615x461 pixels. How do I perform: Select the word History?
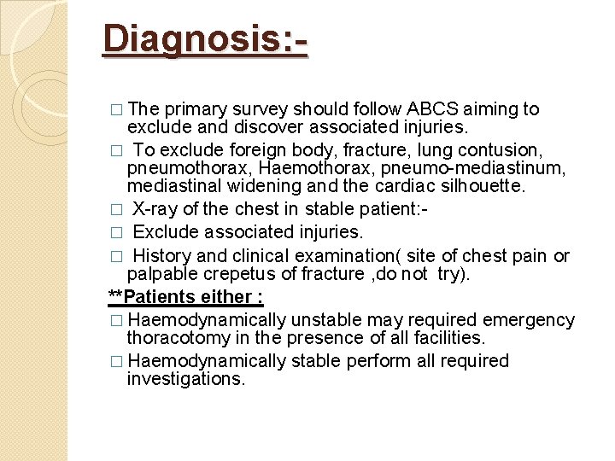(163, 256)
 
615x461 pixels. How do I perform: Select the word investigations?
(185, 379)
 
